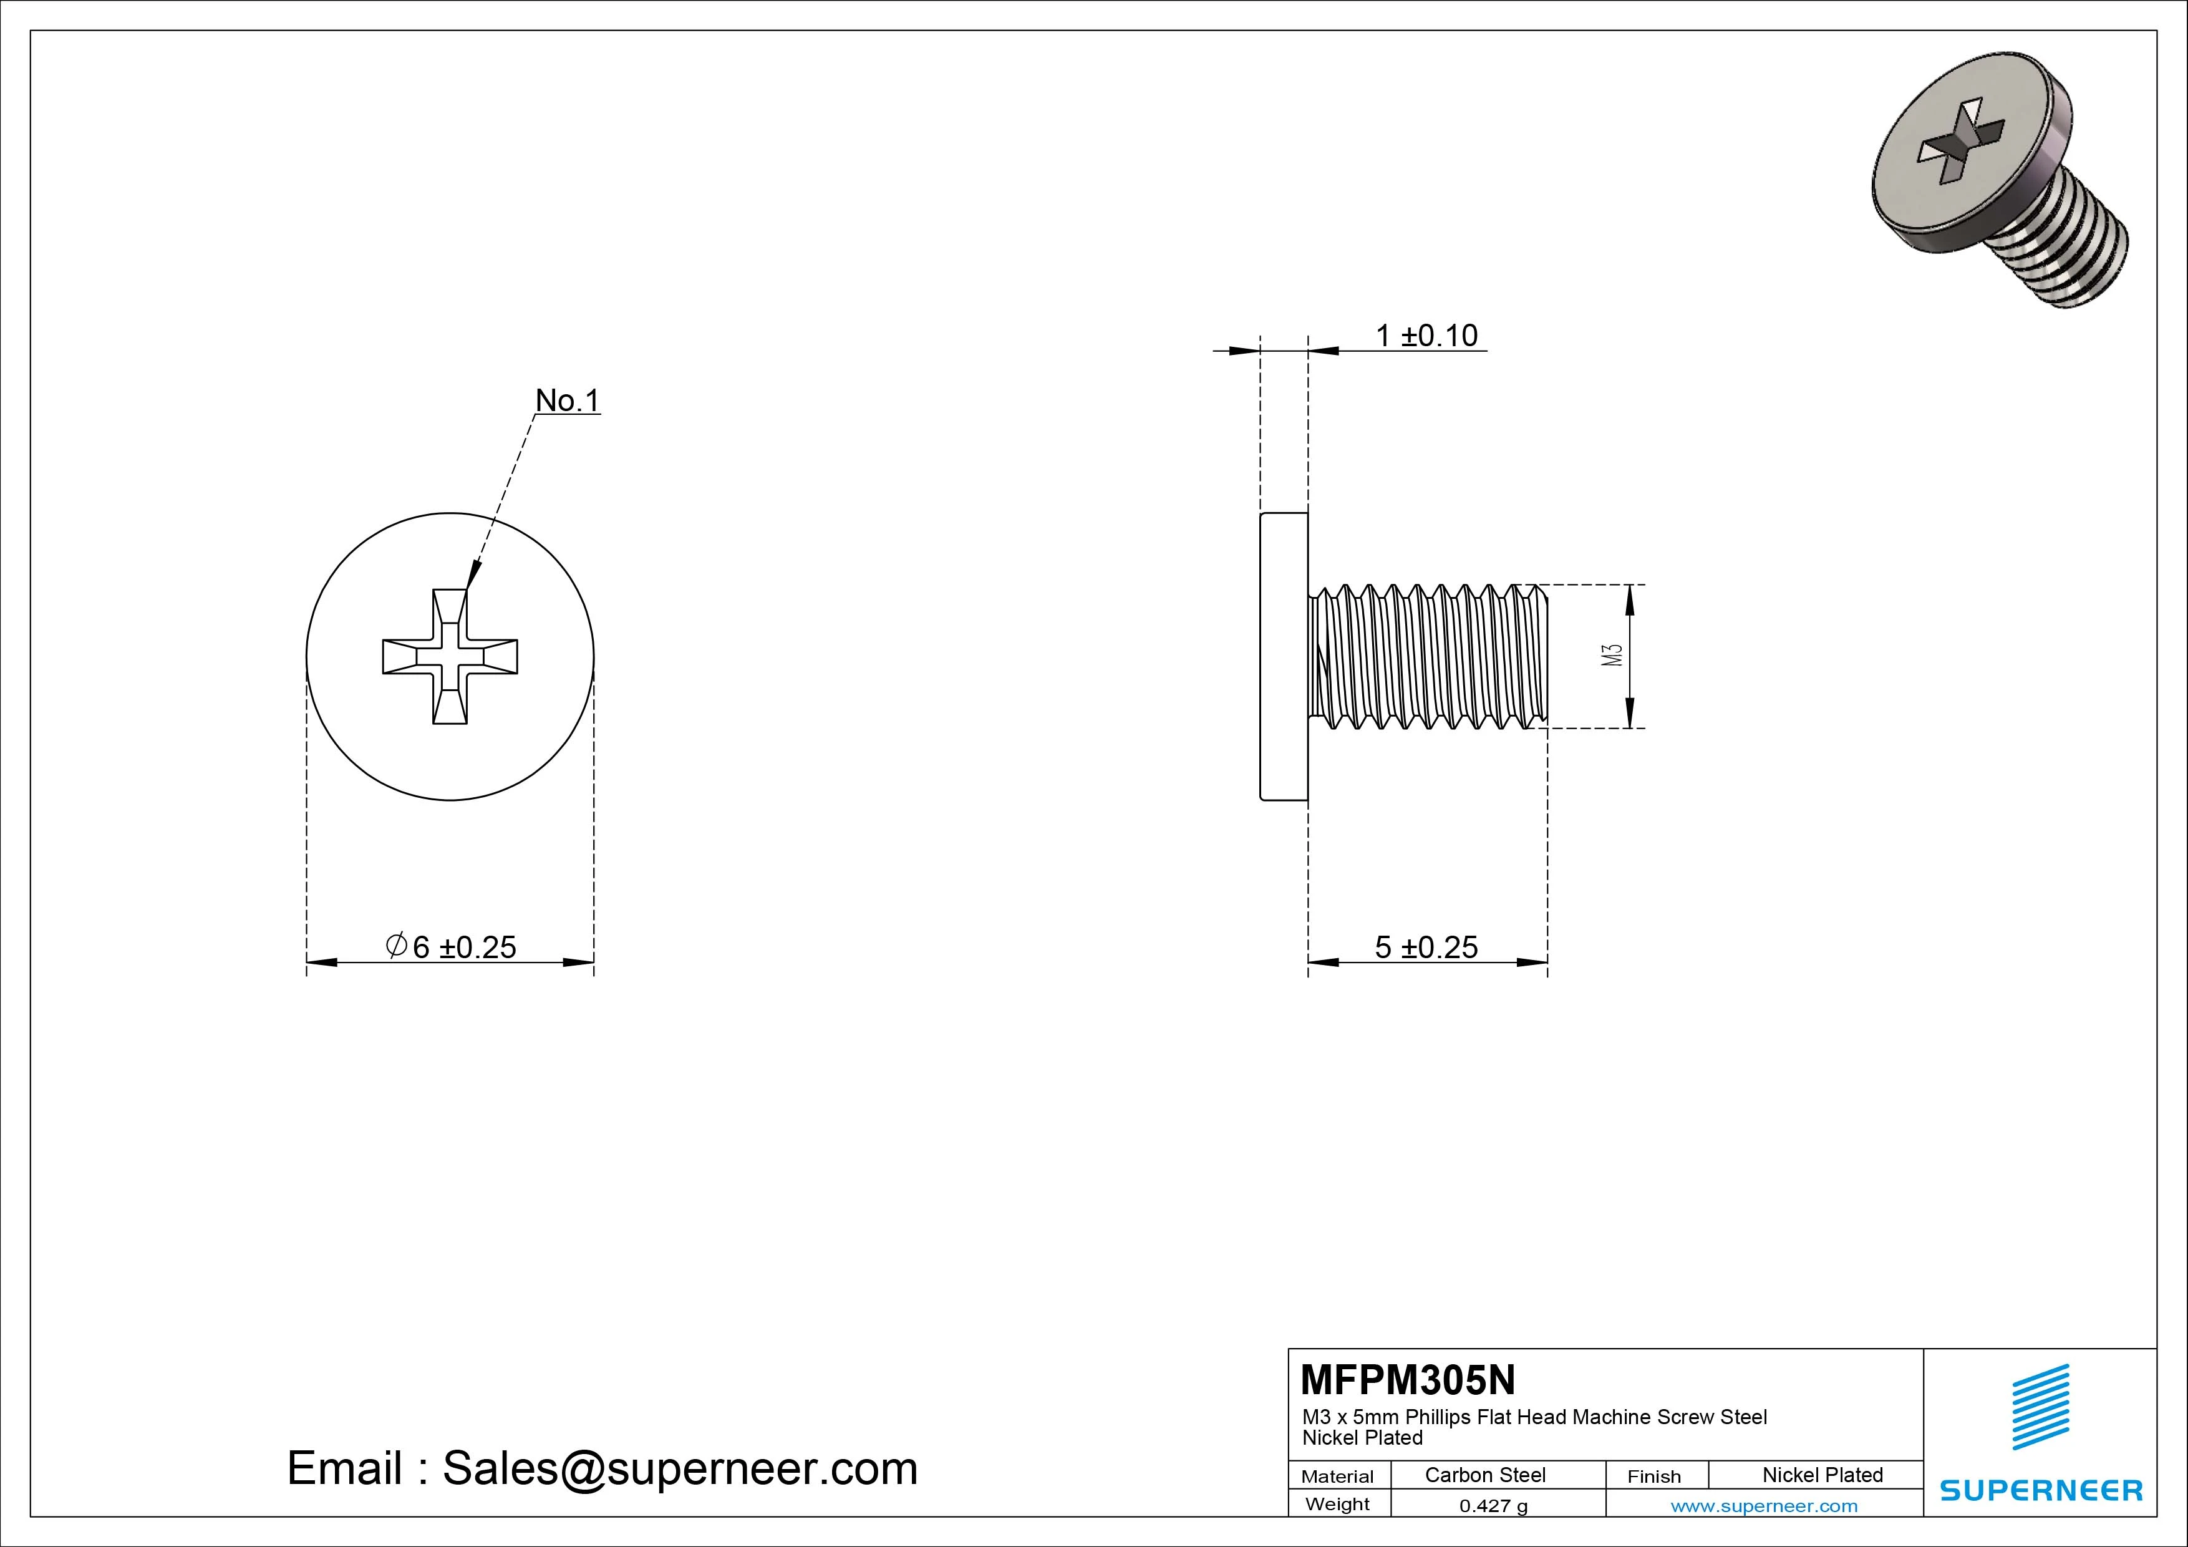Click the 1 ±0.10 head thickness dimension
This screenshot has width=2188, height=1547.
click(x=1426, y=336)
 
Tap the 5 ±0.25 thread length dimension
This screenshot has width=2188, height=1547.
click(x=1426, y=946)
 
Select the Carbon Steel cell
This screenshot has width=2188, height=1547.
click(x=1484, y=1475)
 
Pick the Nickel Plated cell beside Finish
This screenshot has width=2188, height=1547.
click(x=1822, y=1475)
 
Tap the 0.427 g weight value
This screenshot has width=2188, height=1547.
click(x=1493, y=1506)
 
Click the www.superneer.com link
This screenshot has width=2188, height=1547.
click(x=1764, y=1506)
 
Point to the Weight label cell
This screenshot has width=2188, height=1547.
click(x=1337, y=1504)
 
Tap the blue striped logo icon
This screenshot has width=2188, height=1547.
click(x=2040, y=1407)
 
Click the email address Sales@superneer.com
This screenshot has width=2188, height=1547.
click(x=679, y=1468)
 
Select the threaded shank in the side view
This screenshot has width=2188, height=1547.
click(x=1426, y=656)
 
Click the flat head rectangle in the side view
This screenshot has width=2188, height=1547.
click(x=1284, y=656)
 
